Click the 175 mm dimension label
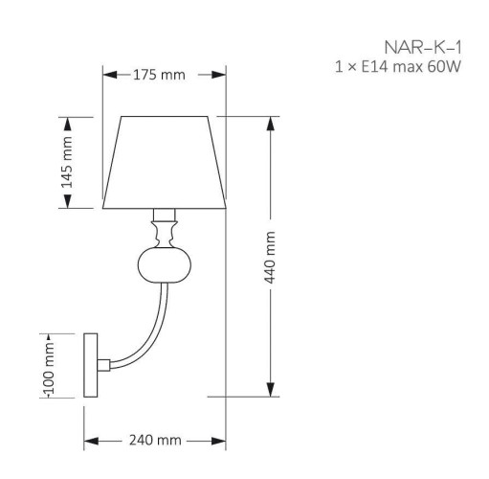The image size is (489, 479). coord(159,75)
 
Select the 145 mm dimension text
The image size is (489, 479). coord(67,162)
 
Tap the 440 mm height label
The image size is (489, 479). coord(270,258)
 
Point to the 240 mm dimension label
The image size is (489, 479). coord(155,441)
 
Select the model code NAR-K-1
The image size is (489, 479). coord(423,48)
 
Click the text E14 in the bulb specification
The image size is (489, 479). coord(374,67)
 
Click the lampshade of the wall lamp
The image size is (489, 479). coord(165,162)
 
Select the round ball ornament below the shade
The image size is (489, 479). coord(165,265)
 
